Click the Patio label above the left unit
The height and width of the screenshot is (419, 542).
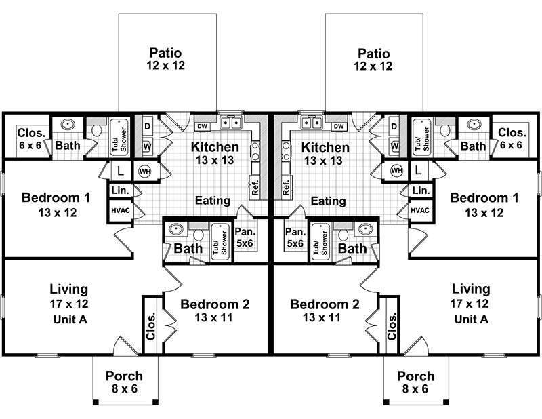165,53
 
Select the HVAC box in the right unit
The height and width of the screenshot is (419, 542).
419,210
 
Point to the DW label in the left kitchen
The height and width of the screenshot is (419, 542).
201,126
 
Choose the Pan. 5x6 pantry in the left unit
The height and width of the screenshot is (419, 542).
244,237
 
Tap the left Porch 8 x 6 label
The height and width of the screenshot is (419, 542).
125,382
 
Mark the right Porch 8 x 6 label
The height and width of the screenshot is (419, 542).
415,382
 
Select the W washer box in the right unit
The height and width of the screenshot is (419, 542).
394,144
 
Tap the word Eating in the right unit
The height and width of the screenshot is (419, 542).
329,201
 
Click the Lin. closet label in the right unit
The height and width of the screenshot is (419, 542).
419,191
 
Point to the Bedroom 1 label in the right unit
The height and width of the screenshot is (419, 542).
480,199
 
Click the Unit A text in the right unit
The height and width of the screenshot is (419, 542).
470,319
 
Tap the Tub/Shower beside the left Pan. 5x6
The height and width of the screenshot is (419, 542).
217,238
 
